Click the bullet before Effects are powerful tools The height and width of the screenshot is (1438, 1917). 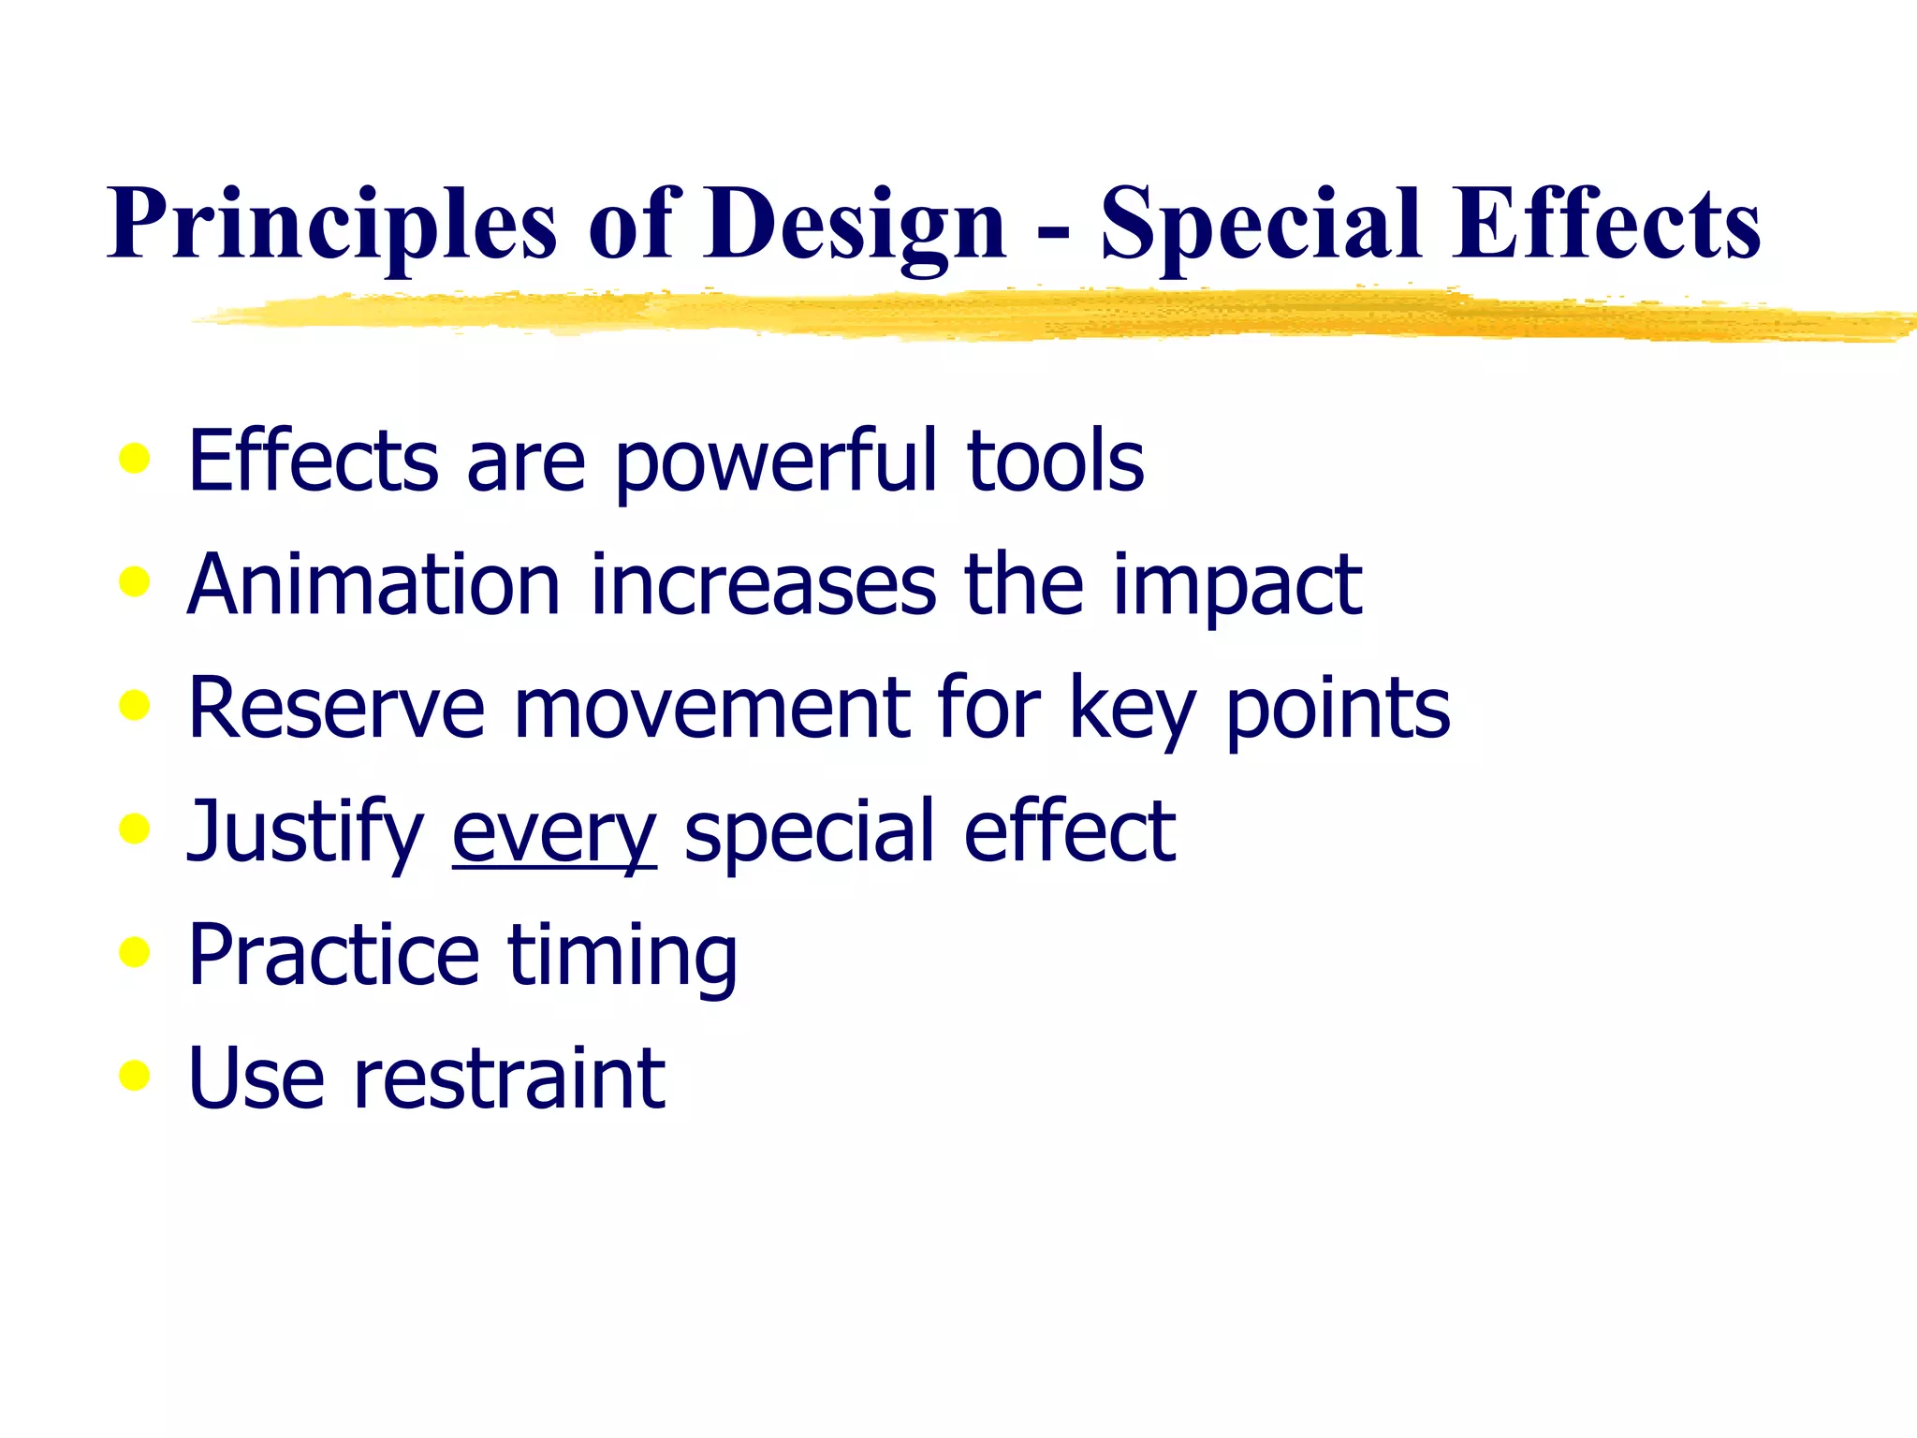tap(135, 459)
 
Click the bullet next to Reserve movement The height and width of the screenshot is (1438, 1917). tap(135, 706)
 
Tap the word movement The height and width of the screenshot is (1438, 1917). tap(711, 709)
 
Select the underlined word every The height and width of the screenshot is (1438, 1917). tap(554, 833)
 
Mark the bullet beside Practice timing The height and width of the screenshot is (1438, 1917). tap(135, 952)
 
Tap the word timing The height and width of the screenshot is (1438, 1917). tap(622, 956)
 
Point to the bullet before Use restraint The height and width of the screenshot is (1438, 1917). tap(135, 1076)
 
